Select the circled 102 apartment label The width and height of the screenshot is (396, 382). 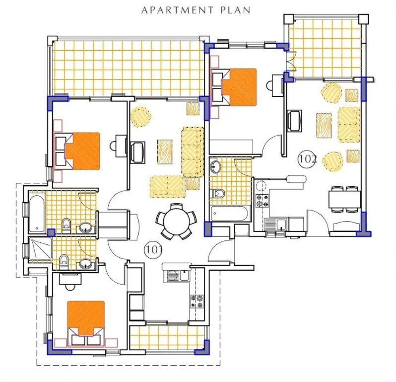(x=307, y=159)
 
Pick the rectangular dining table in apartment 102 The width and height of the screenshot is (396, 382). (x=344, y=200)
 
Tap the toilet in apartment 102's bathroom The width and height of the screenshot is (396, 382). (x=218, y=193)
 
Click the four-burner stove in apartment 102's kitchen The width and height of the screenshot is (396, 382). (x=262, y=201)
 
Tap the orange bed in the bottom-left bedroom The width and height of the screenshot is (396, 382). (x=85, y=317)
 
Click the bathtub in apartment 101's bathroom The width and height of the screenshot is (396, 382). (x=37, y=214)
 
